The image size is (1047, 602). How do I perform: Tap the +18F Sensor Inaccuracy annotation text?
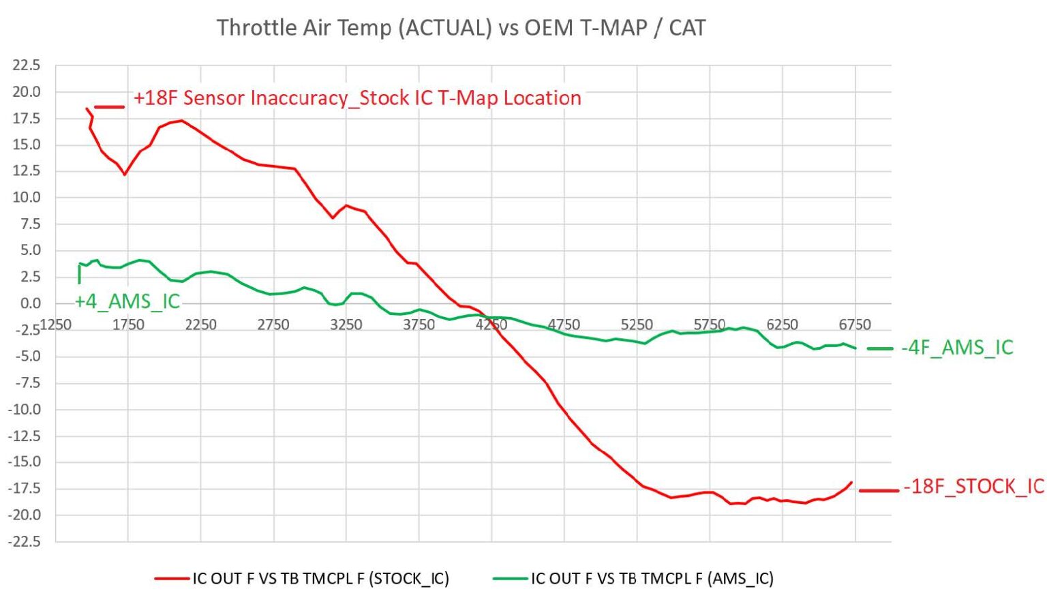click(357, 98)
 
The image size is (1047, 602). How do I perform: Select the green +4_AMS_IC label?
click(127, 301)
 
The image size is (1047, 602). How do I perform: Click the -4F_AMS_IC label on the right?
click(957, 348)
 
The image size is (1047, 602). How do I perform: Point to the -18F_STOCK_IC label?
click(974, 487)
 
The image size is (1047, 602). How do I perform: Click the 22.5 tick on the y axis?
click(27, 65)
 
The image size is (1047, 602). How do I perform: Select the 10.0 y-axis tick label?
click(27, 198)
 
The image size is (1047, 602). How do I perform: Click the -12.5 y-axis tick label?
click(25, 436)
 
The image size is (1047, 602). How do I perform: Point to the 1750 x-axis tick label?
click(128, 325)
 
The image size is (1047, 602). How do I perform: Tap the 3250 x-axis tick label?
click(346, 325)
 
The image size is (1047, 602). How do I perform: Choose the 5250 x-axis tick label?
click(637, 325)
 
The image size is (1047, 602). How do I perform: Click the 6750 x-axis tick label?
click(855, 325)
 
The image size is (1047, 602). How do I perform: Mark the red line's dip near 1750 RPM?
click(125, 175)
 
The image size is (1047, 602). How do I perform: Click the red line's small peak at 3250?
click(346, 205)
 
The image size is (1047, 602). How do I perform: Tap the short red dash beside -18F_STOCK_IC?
click(879, 491)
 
